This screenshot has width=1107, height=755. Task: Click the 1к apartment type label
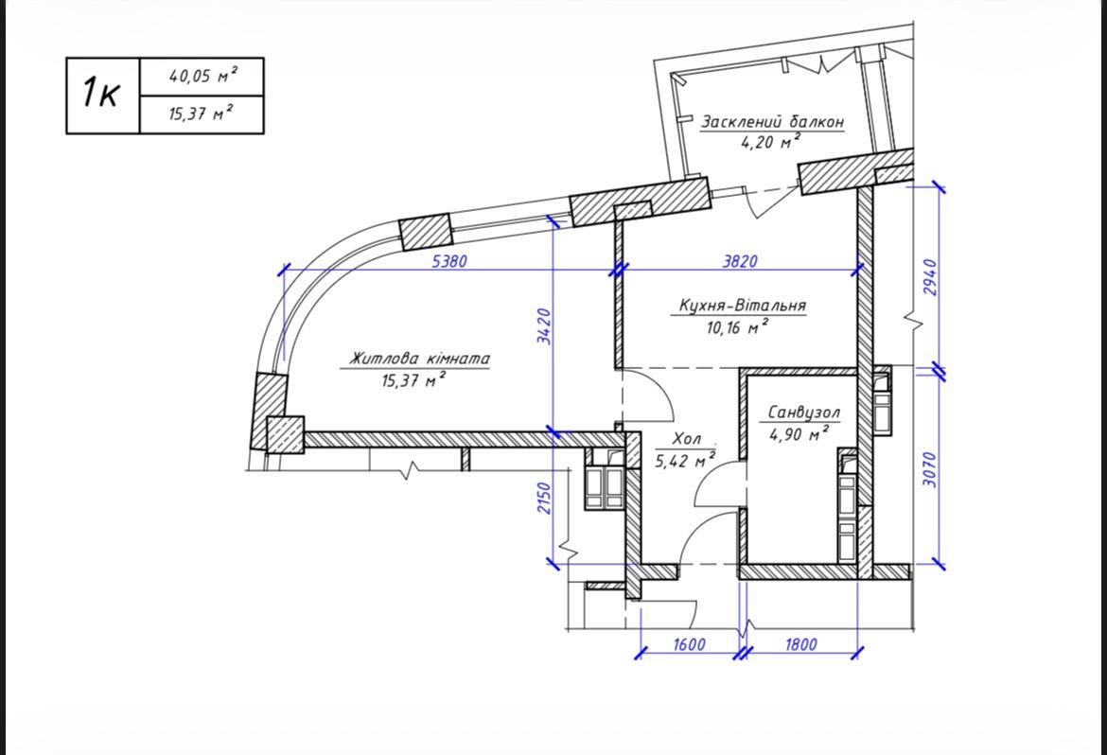(101, 93)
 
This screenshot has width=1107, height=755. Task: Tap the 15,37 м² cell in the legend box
(202, 113)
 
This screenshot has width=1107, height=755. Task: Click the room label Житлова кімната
(419, 359)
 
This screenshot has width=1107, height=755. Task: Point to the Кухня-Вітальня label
(742, 306)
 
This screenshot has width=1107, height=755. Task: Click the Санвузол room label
(803, 412)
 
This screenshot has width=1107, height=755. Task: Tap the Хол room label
(686, 439)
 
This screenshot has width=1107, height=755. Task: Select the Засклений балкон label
(772, 121)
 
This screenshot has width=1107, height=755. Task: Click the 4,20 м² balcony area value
(770, 142)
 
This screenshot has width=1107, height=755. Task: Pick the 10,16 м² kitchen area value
(737, 327)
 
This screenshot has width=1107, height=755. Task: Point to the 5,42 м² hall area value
(686, 461)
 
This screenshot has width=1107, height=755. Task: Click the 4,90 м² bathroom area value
(799, 433)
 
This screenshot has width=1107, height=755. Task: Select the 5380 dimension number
(449, 260)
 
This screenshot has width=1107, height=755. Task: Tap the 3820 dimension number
(739, 260)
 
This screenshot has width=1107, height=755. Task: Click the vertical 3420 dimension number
(544, 326)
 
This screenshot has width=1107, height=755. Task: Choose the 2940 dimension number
(930, 277)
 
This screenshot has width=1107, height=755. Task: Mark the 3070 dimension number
(930, 469)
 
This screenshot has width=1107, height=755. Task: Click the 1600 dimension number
(689, 643)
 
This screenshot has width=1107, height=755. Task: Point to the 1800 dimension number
(800, 643)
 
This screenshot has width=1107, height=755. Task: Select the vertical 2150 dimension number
(544, 498)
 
